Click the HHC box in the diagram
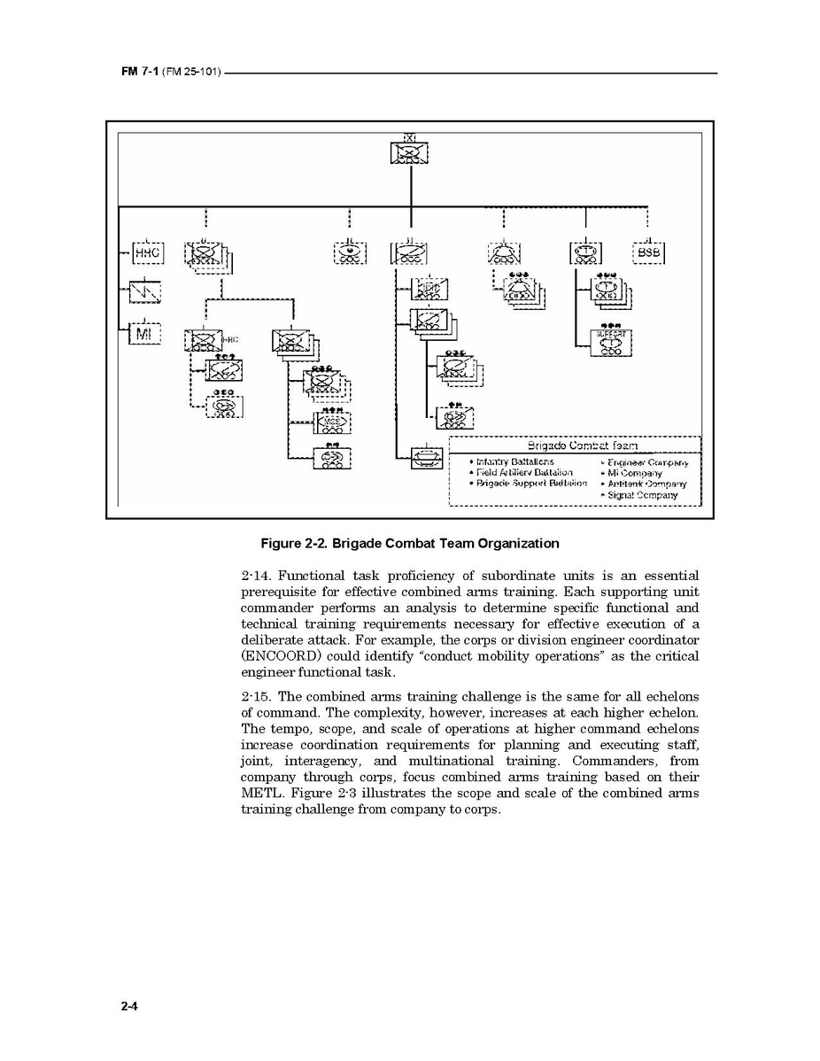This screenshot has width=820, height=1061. click(146, 253)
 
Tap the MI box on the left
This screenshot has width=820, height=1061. click(144, 334)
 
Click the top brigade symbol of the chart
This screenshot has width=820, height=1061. click(409, 152)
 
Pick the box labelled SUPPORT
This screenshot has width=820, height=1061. click(610, 342)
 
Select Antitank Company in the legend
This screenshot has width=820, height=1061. click(646, 484)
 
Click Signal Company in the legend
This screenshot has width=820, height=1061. click(642, 495)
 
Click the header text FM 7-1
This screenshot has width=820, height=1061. click(139, 72)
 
